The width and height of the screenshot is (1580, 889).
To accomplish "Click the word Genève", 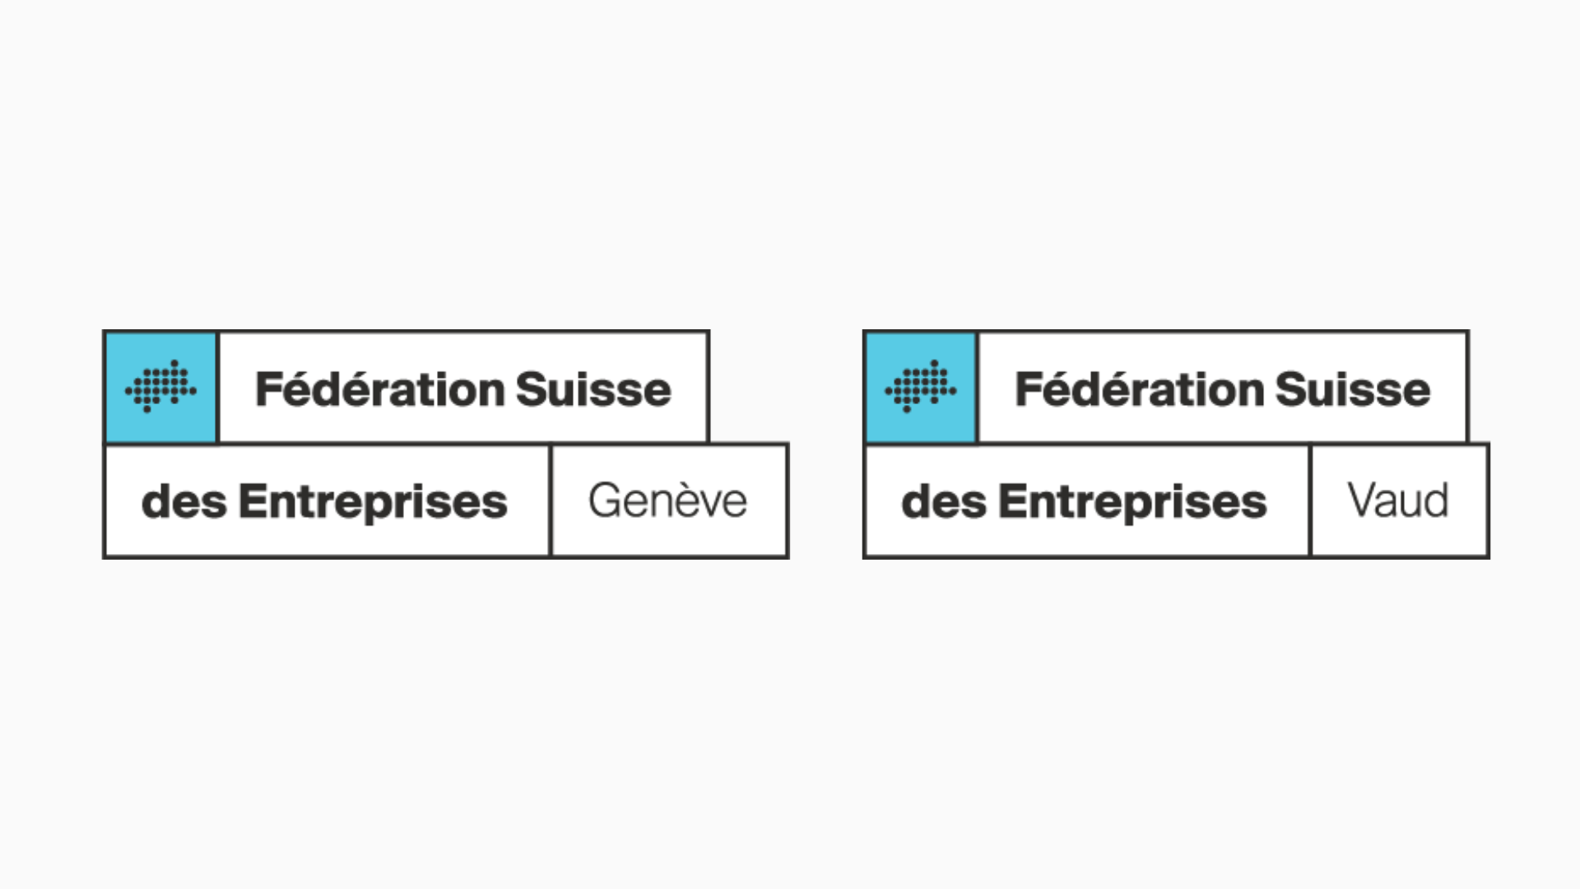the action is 667,500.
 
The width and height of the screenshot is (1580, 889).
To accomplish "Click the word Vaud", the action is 1398,500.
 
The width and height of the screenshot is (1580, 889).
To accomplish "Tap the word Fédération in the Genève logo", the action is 380,389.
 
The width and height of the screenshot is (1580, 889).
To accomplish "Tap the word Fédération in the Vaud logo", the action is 1140,389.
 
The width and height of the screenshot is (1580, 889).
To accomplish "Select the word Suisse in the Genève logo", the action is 593,389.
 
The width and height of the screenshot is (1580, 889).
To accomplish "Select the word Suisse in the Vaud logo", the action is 1353,389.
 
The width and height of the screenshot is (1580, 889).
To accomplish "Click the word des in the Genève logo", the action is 184,501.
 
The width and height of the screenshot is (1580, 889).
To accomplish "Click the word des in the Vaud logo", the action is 944,501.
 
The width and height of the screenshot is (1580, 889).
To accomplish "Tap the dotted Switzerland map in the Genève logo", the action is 160,386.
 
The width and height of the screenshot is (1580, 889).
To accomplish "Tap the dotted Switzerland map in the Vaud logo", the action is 920,386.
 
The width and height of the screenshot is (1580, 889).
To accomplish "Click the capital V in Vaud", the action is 1364,500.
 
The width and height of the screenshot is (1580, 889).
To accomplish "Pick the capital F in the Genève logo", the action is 269,389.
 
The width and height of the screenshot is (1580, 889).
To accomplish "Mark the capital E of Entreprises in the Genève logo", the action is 253,501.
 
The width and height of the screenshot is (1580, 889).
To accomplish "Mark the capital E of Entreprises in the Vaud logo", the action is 1012,501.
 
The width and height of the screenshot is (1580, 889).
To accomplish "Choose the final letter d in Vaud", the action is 1435,500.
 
